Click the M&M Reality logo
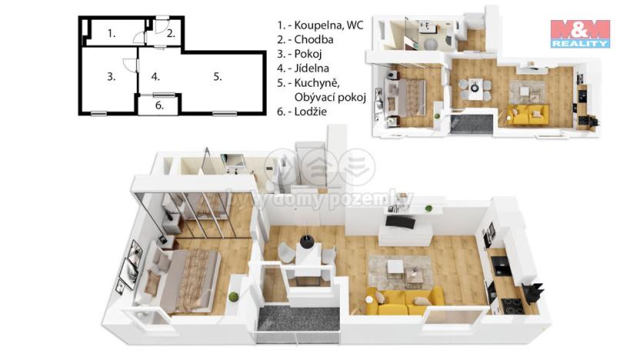(x=579, y=33)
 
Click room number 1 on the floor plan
(x=112, y=33)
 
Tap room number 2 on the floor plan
(x=171, y=33)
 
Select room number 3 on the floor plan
(x=111, y=76)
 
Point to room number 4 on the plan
(x=155, y=76)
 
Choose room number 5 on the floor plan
(x=218, y=76)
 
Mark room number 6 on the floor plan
(x=158, y=105)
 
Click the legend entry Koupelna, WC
(x=320, y=25)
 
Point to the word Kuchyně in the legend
(x=315, y=83)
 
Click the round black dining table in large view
(x=308, y=241)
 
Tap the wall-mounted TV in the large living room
(x=400, y=222)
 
